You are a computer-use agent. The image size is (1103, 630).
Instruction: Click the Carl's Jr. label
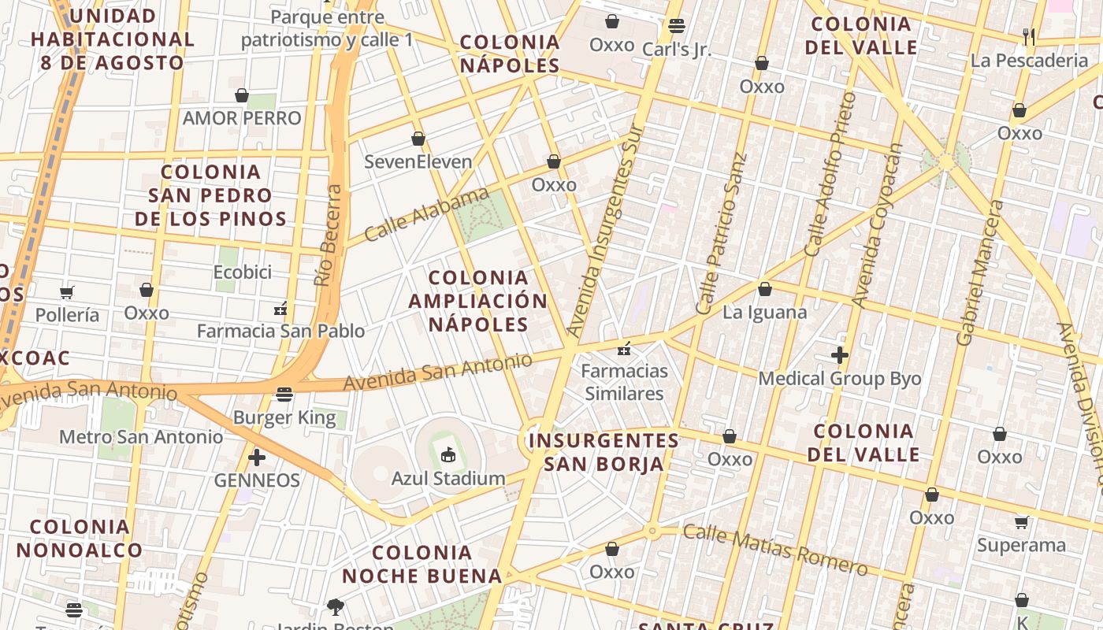point(676,50)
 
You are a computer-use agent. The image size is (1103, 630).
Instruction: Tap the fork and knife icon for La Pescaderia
point(1028,36)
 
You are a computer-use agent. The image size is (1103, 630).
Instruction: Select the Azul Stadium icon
point(448,454)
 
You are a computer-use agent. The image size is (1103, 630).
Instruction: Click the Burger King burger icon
point(284,394)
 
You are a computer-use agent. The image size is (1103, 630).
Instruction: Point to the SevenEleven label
point(418,162)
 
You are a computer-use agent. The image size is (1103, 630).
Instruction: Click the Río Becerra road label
point(329,235)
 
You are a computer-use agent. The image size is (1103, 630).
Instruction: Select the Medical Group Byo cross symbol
point(840,355)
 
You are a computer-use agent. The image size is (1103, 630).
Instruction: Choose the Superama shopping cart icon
point(1022,522)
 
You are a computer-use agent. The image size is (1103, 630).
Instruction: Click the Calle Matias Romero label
point(775,550)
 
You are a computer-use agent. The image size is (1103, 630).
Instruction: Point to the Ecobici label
point(243,272)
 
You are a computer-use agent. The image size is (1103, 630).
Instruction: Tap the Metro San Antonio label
point(141,436)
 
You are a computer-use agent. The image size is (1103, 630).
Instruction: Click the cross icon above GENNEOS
point(257,457)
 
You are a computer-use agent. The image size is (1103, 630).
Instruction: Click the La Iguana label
point(765,313)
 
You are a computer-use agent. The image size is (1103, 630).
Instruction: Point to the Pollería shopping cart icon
point(67,292)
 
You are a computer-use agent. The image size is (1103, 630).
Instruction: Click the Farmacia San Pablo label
point(280,331)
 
